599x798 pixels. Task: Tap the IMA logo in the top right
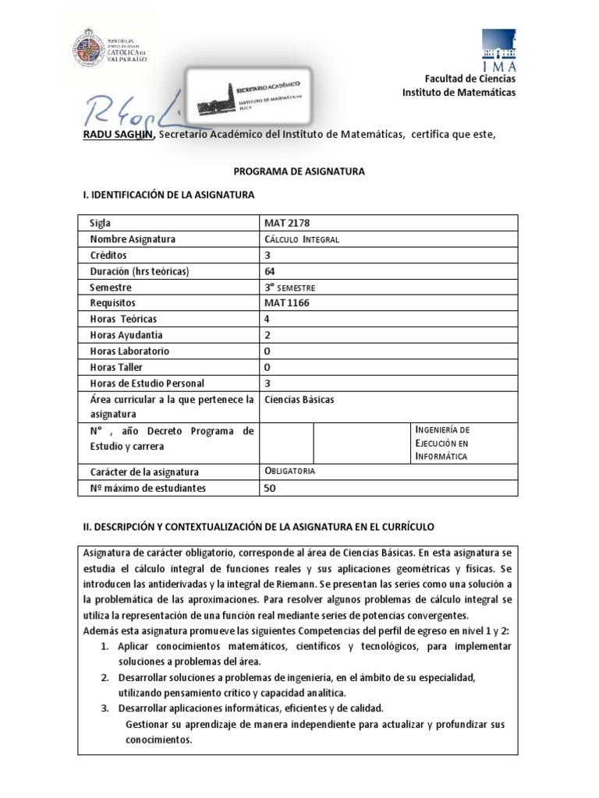pos(498,51)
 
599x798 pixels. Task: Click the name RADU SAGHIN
pos(120,135)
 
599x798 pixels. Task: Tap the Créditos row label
pos(108,256)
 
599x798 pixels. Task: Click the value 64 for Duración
pos(271,271)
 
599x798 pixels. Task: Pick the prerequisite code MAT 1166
pos(288,303)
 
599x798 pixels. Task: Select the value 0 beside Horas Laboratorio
pos(268,351)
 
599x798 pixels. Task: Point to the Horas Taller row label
pos(117,367)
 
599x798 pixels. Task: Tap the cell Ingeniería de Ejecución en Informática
pos(442,443)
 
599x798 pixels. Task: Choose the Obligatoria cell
pos(291,471)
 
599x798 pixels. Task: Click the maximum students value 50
pos(271,488)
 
